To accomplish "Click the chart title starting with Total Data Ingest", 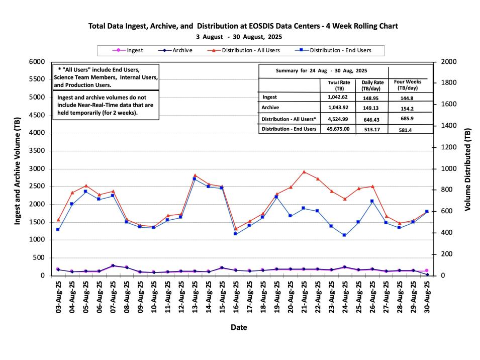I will coord(243,26).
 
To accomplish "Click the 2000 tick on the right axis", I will coord(448,62).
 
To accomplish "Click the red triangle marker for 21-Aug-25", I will coord(304,172).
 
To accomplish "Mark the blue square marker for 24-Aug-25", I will coord(344,235).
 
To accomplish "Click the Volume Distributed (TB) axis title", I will coord(467,168).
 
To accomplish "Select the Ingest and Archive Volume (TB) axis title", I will coord(18,168).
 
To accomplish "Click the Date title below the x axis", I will coord(238,327).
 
